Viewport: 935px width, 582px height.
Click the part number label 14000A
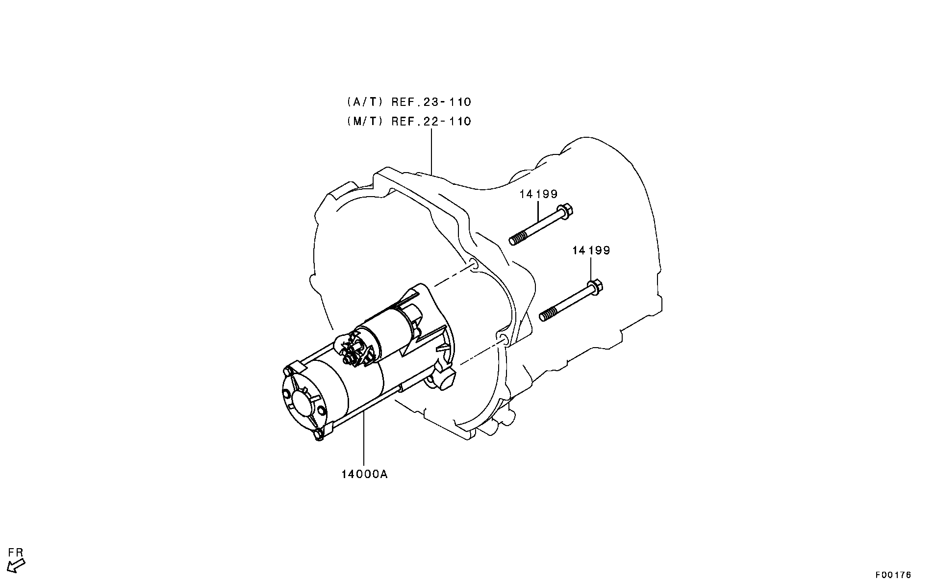[364, 475]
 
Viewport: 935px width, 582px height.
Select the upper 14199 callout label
[538, 194]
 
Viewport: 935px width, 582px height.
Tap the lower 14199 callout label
[591, 251]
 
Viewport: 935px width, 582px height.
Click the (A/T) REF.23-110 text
[408, 102]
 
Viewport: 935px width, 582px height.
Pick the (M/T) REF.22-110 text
[408, 121]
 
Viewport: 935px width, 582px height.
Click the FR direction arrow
[16, 565]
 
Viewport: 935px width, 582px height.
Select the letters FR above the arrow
[16, 553]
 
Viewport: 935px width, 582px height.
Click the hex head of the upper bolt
[566, 211]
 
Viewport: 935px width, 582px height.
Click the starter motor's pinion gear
[355, 350]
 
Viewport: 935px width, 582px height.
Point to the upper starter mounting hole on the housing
[473, 265]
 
